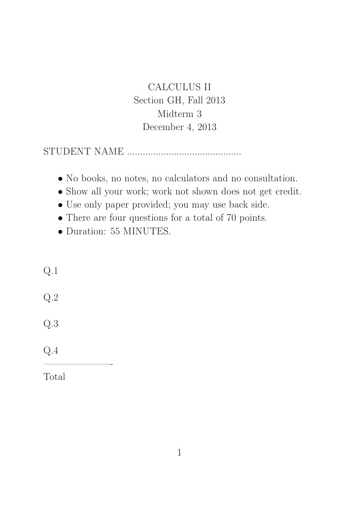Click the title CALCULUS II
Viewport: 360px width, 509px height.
[180, 87]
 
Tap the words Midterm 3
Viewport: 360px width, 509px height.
[180, 114]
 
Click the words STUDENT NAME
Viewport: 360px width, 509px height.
[83, 151]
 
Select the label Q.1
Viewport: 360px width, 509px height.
[51, 271]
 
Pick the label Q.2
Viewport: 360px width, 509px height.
[51, 298]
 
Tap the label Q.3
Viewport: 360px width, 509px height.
[51, 324]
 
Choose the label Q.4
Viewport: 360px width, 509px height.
[51, 350]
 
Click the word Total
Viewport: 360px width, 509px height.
[54, 377]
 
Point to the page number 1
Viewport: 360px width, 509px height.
[180, 452]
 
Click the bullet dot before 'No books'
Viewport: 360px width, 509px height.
[60, 179]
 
